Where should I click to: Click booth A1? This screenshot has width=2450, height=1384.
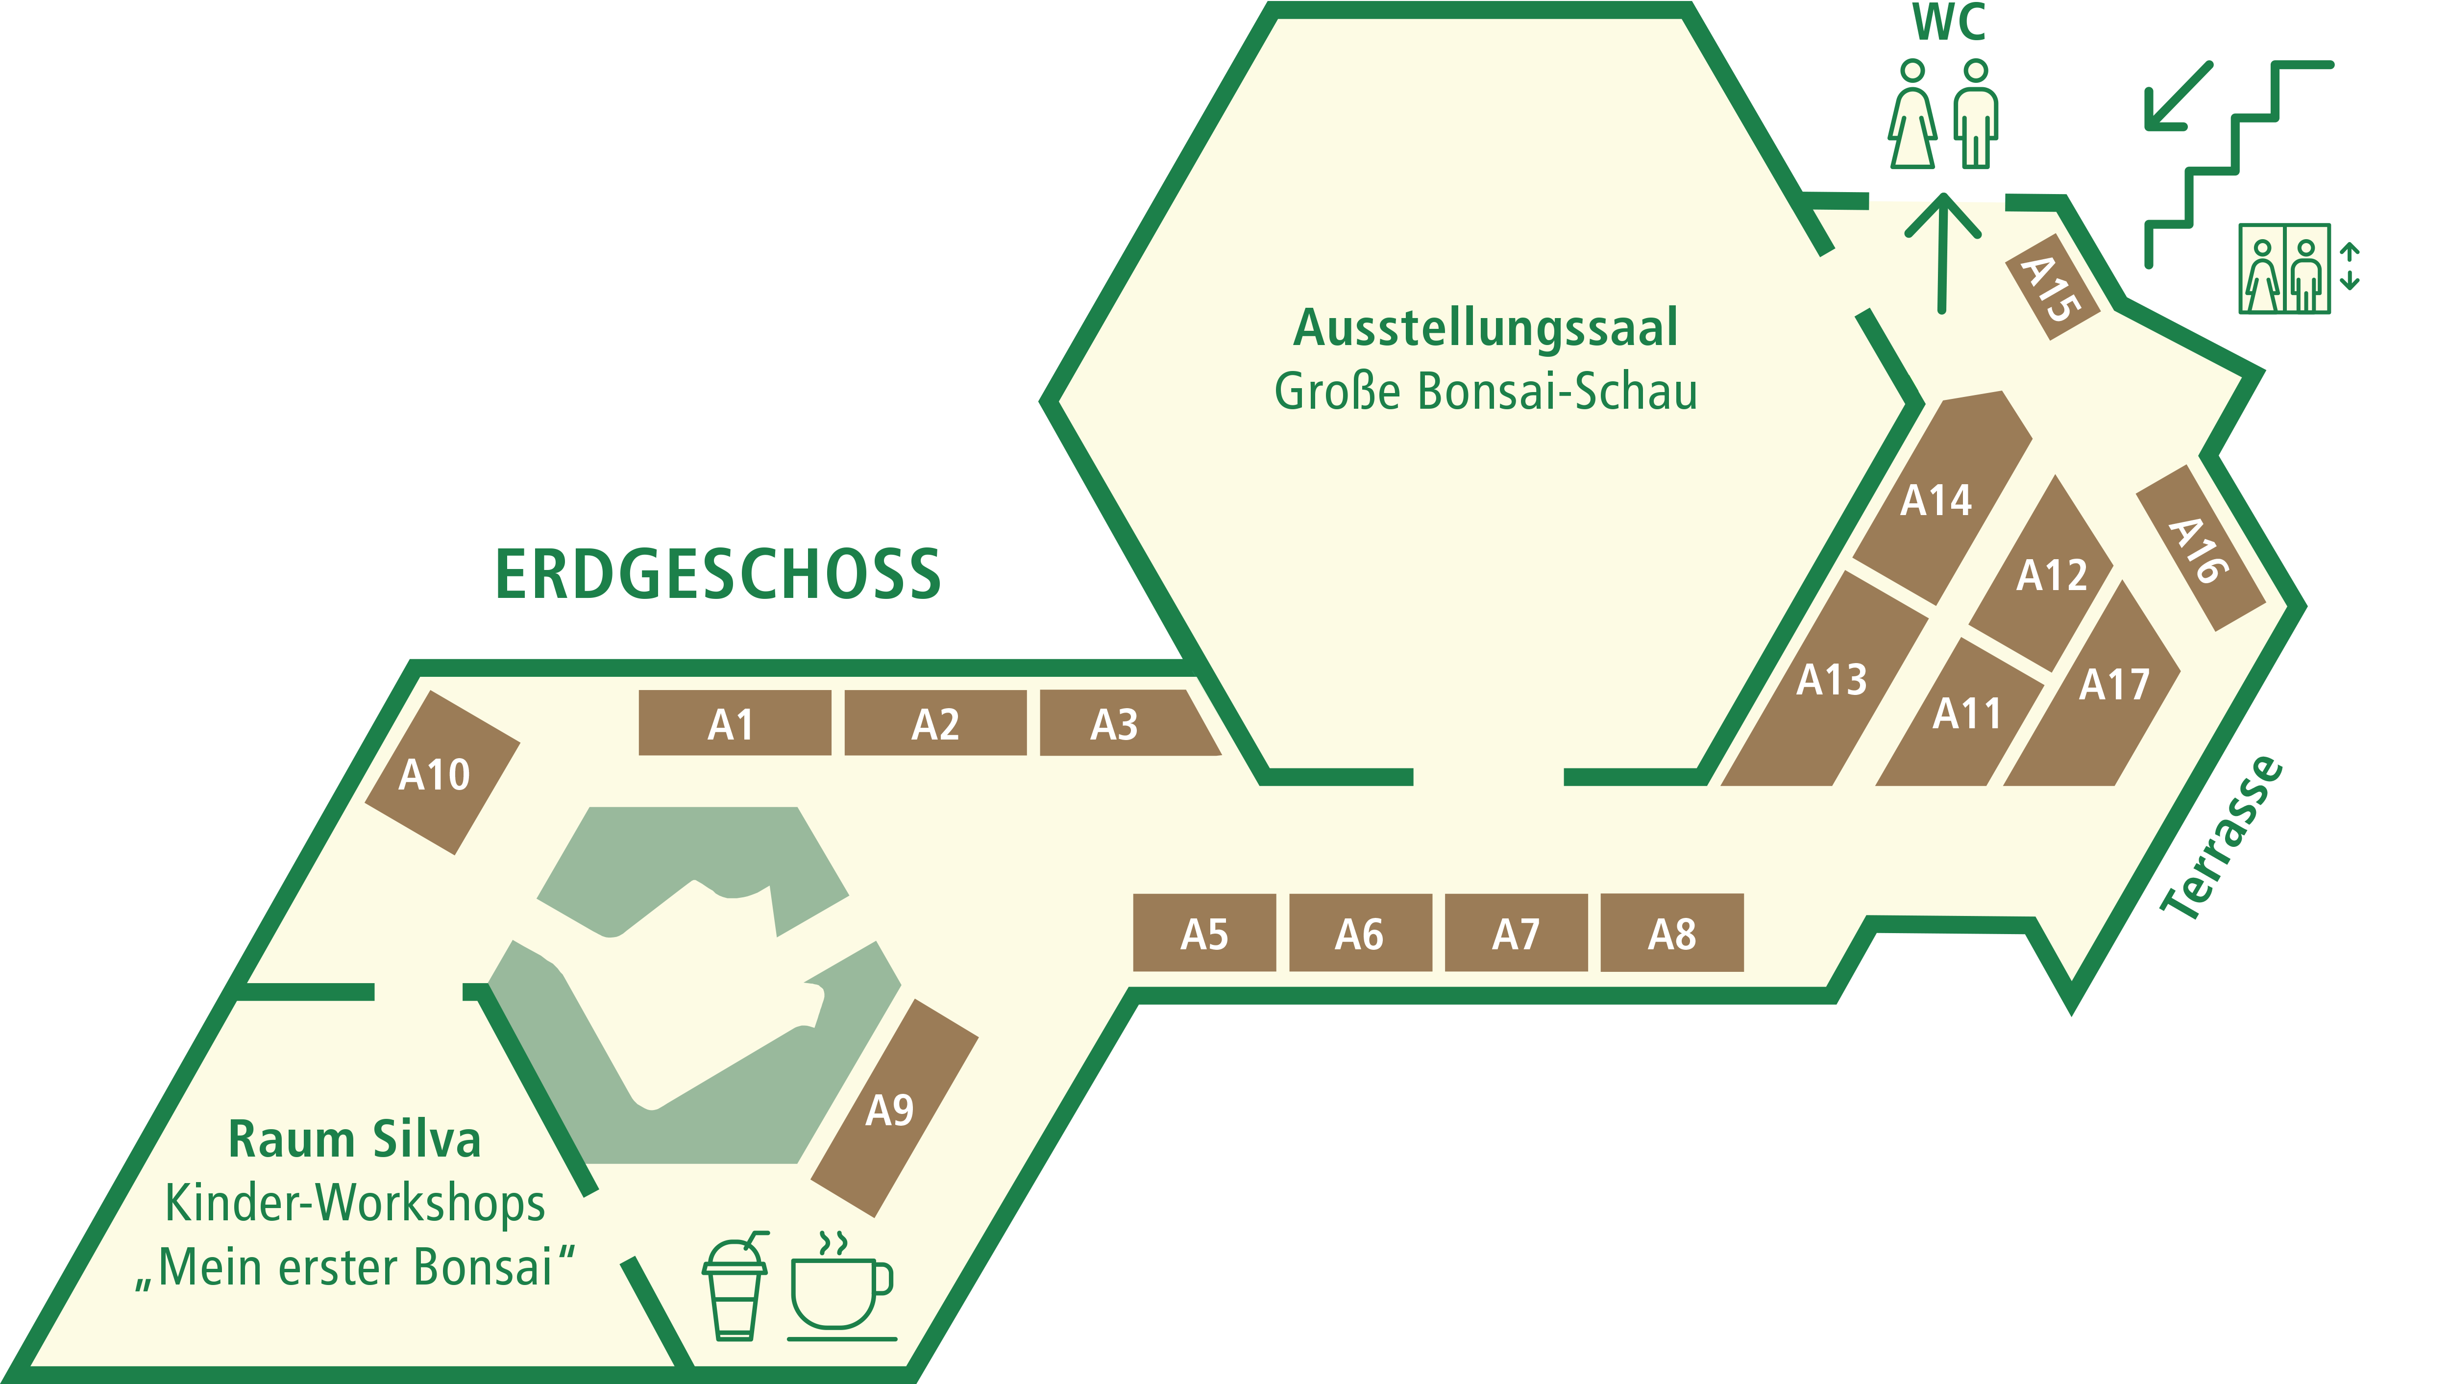pyautogui.click(x=734, y=723)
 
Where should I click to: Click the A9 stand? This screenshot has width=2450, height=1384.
pyautogui.click(x=894, y=1108)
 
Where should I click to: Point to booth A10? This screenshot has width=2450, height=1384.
pyautogui.click(x=442, y=772)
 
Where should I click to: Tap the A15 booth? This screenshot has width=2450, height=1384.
pyautogui.click(x=2052, y=287)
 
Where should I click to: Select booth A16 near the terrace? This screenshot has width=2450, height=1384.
pyautogui.click(x=2201, y=548)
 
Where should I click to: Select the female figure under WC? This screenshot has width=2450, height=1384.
pyautogui.click(x=1912, y=114)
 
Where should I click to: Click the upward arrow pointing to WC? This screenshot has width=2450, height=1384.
pyautogui.click(x=1942, y=252)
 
